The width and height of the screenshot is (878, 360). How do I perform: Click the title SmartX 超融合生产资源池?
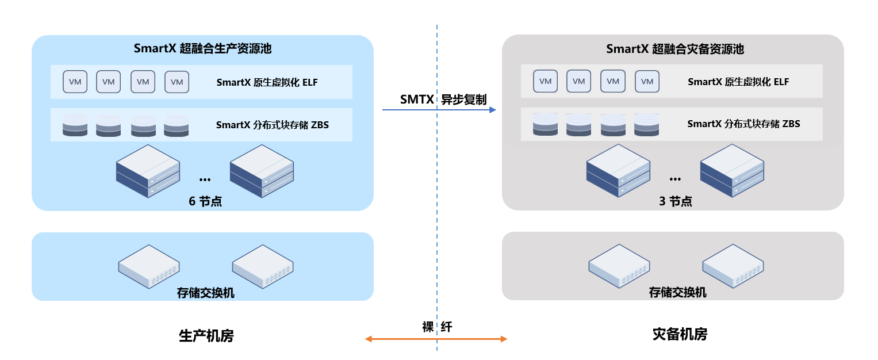(202, 49)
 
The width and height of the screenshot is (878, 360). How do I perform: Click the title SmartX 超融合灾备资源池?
(674, 49)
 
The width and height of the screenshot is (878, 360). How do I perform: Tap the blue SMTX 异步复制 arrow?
(439, 109)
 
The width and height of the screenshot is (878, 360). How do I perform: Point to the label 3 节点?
(675, 201)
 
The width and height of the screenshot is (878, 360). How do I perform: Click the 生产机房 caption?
(206, 335)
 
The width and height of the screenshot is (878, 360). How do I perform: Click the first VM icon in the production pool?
(75, 82)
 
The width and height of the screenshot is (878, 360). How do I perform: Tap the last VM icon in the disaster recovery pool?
(647, 82)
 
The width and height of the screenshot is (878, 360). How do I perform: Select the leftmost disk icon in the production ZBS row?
(75, 125)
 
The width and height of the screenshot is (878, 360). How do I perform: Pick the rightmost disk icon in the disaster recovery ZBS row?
(647, 124)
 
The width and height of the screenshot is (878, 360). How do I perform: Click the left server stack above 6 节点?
(148, 171)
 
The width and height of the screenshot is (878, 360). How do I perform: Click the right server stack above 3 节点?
(732, 171)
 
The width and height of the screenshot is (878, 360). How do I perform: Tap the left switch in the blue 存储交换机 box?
(149, 266)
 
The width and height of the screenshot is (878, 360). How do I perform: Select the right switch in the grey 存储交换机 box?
(733, 266)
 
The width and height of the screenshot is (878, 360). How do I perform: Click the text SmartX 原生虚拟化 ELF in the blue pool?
(267, 82)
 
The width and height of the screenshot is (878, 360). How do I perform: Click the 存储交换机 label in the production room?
(205, 293)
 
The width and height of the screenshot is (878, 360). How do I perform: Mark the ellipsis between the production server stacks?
(205, 180)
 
